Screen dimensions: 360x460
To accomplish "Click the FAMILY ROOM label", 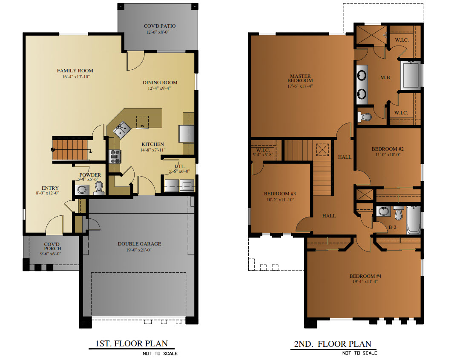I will (x=75, y=71).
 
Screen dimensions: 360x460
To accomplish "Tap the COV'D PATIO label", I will (x=159, y=26).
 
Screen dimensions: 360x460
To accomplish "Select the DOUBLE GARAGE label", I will (x=139, y=244).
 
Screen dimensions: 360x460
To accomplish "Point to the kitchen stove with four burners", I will (x=115, y=157).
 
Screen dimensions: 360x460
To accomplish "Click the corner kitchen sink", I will (x=121, y=129).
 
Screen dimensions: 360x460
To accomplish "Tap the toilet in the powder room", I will (x=98, y=189).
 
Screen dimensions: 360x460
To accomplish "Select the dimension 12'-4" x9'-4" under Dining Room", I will (x=160, y=89).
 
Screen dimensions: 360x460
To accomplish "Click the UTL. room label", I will (x=179, y=166).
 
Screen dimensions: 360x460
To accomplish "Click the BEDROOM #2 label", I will (x=387, y=149).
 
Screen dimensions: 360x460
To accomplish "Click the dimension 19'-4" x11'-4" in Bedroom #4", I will (x=365, y=282).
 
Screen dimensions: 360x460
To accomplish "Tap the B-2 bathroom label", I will (x=393, y=228).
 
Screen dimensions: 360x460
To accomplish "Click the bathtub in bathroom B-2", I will (x=413, y=220).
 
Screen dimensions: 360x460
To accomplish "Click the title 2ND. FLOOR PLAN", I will (x=333, y=344).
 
